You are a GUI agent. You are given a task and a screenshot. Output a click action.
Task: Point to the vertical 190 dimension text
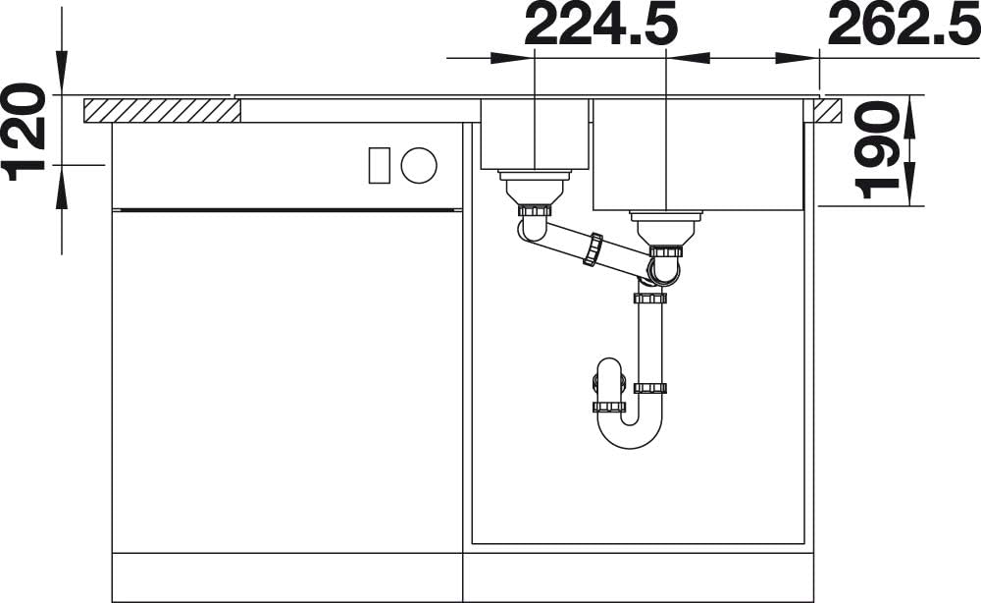click(x=877, y=149)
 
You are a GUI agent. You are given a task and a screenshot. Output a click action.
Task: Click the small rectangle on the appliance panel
click(x=379, y=165)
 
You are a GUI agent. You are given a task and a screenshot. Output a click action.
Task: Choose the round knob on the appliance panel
click(x=419, y=165)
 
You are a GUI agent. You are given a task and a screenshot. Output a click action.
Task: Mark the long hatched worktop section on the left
click(x=162, y=110)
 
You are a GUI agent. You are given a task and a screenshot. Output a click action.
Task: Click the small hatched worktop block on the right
click(x=828, y=110)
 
